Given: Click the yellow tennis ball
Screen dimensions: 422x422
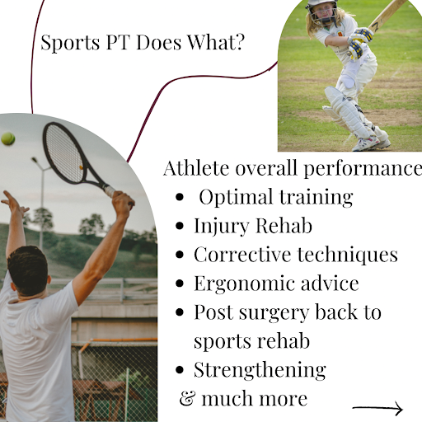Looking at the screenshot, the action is [8, 139].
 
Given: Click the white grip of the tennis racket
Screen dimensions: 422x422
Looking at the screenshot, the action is [110, 191].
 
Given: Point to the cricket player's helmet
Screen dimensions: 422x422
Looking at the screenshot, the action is [322, 11].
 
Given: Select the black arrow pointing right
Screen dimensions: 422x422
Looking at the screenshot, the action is [377, 408].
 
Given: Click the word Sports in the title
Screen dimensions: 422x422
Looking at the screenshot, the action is [70, 43].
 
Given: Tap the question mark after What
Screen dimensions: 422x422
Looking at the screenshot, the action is [239, 42].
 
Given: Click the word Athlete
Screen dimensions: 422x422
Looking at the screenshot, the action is [196, 168].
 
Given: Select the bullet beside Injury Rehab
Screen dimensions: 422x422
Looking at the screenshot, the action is [180, 226].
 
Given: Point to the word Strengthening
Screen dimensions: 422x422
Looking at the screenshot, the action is [260, 370].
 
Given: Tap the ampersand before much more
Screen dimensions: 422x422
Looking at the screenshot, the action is [188, 398].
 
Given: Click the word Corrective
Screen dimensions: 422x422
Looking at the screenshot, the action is [242, 255].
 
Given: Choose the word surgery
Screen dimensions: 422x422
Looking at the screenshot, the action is [274, 313].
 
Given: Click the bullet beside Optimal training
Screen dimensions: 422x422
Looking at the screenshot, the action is [180, 197].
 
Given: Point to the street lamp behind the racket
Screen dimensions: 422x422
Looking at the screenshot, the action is [40, 204].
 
